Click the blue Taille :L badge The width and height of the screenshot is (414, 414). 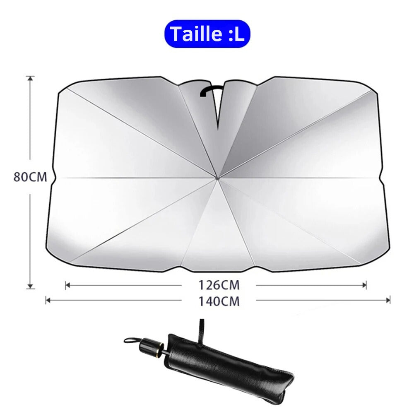tap(207, 34)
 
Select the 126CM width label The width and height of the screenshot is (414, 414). tap(219, 285)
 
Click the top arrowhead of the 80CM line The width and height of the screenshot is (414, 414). tap(30, 78)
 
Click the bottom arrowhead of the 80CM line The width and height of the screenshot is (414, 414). tap(30, 286)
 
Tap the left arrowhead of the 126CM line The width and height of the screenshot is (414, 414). tap(67, 285)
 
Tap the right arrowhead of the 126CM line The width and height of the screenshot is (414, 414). tap(365, 285)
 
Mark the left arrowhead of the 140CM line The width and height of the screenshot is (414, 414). tap(47, 300)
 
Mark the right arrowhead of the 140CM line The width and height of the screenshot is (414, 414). tap(388, 300)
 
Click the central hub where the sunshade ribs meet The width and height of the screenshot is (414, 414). tap(217, 178)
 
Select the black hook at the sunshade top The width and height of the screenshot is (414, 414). tap(211, 90)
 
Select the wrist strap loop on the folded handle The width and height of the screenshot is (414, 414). tap(132, 340)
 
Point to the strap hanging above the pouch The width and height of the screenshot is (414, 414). tap(201, 331)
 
